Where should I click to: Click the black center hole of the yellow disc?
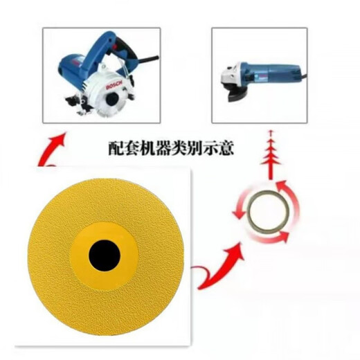[105, 257]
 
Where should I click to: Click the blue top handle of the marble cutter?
[104, 43]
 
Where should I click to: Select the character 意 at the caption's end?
[244, 147]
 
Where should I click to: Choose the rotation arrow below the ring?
[267, 237]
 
